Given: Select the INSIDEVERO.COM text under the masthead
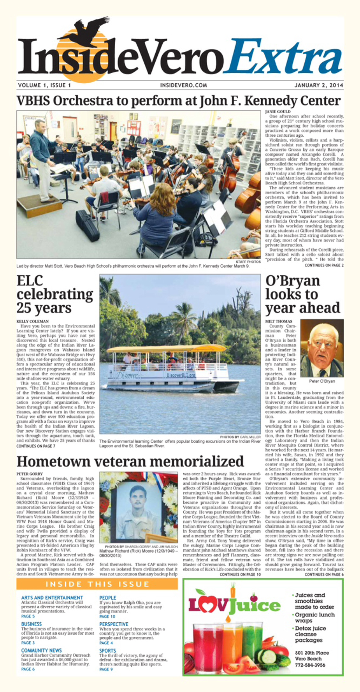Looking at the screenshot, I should [183, 85].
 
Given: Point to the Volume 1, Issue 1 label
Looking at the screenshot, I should [44, 85].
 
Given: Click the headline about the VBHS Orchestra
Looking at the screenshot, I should [179, 101].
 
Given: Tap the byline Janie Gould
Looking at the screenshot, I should [277, 112].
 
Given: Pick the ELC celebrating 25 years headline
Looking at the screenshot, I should [54, 294].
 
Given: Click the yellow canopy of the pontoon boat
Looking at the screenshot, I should [167, 349].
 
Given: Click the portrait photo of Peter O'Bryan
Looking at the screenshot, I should [322, 348].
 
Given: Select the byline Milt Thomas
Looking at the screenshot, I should [279, 321].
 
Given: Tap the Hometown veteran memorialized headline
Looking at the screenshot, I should [130, 461].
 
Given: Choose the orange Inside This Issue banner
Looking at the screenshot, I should [97, 584].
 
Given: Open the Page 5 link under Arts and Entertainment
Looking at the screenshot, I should [28, 616].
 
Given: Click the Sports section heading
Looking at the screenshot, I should [107, 651].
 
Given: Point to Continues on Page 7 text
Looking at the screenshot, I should [36, 446].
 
